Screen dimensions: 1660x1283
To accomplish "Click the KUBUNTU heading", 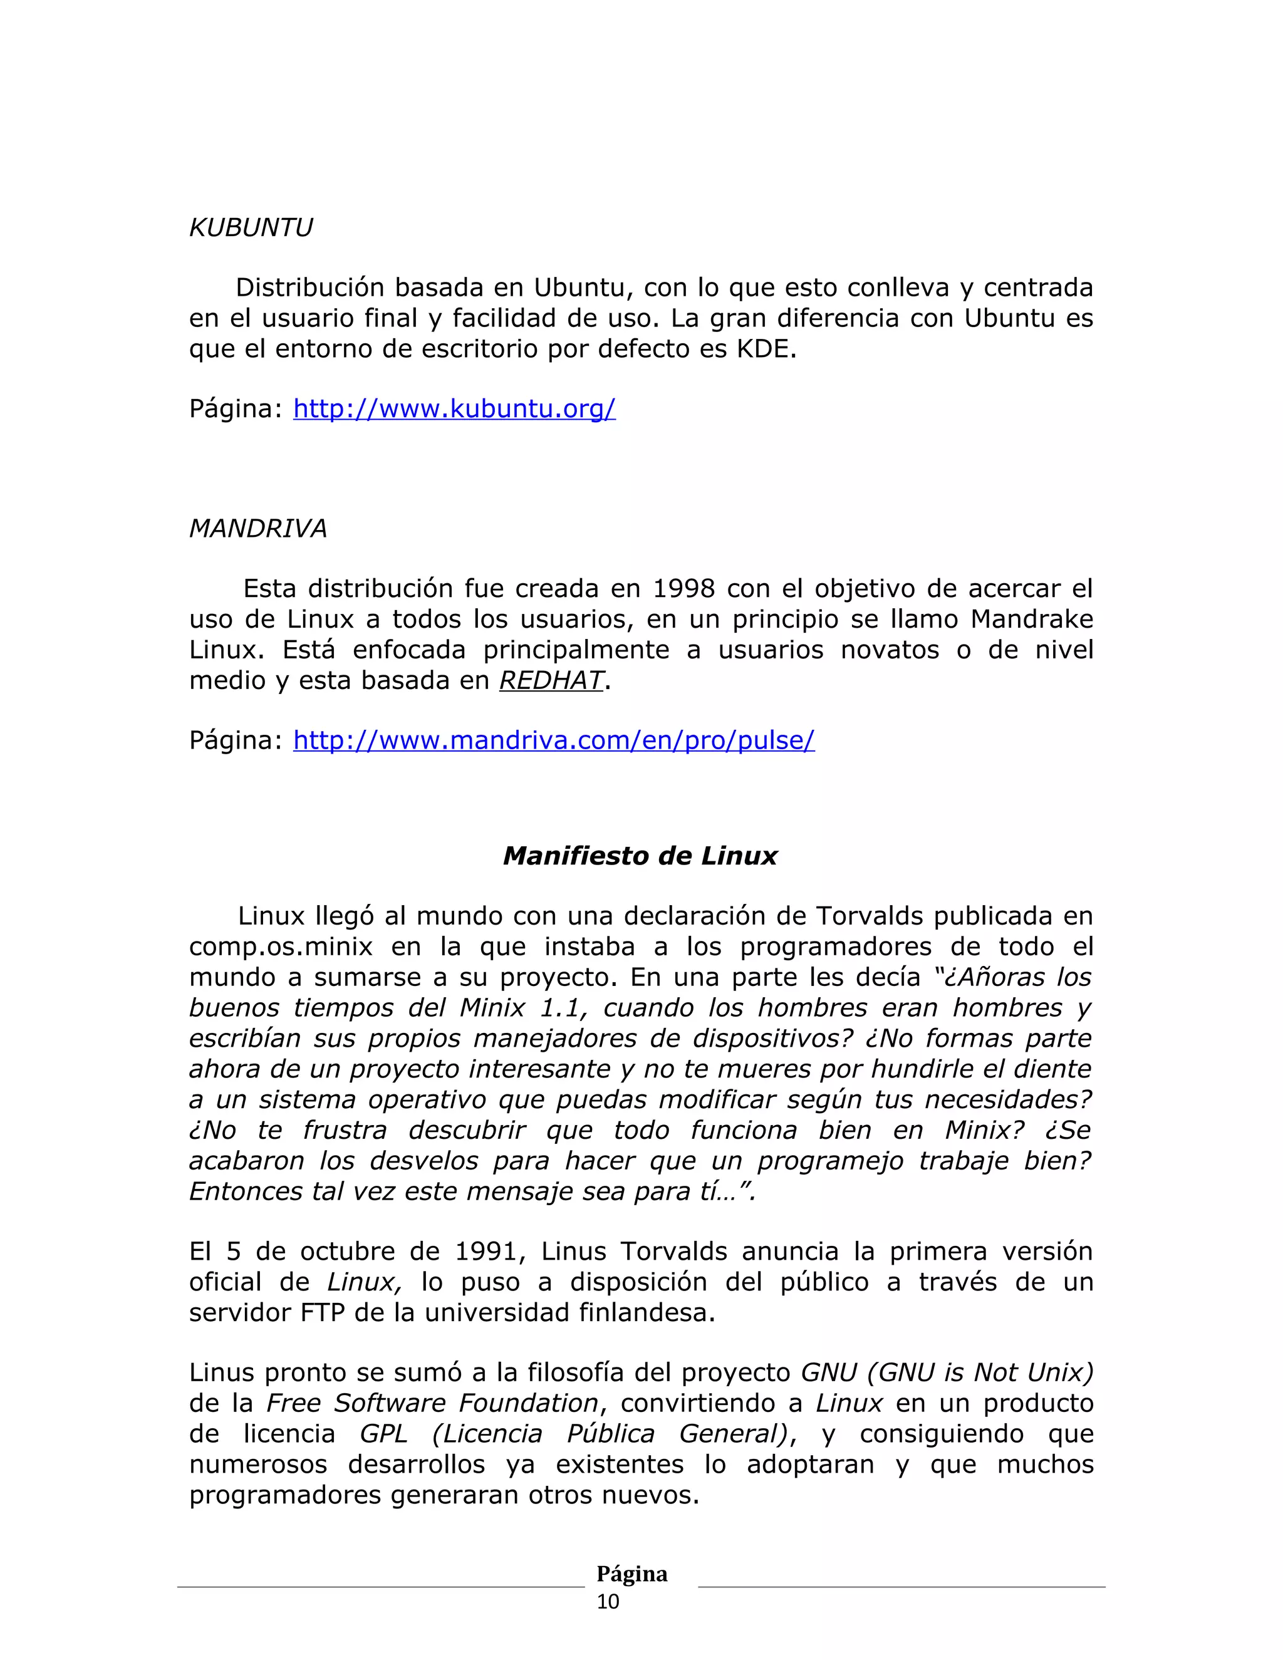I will tap(251, 228).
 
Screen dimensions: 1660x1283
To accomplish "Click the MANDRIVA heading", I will tap(257, 528).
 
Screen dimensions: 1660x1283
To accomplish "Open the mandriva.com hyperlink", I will tap(553, 740).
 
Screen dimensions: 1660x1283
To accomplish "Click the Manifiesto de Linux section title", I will tap(640, 856).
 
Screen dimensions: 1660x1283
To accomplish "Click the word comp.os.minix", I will tap(281, 947).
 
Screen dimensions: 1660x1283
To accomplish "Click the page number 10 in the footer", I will tap(608, 1602).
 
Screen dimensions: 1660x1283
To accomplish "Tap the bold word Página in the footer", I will tap(631, 1574).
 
